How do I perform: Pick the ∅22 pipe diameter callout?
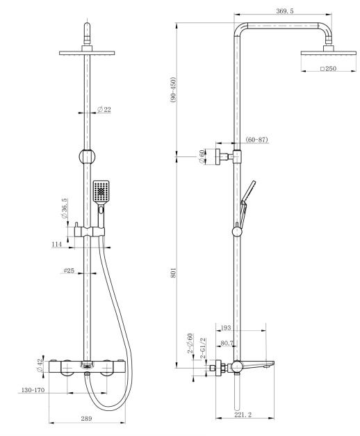coord(104,110)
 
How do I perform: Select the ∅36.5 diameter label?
coord(65,209)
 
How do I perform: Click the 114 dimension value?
coord(56,244)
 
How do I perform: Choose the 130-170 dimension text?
coord(32,390)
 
